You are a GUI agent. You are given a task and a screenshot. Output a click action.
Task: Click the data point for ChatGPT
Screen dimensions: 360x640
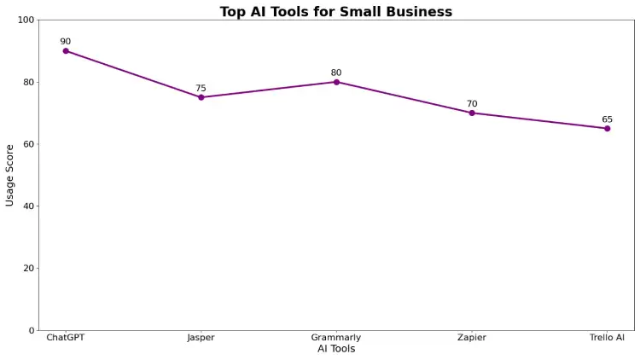[x=66, y=51]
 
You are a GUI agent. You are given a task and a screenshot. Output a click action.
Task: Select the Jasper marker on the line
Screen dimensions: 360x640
[x=201, y=97]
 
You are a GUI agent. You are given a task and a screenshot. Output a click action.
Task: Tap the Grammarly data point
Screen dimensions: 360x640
[x=336, y=82]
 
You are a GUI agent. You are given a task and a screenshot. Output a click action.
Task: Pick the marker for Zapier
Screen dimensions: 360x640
[x=472, y=113]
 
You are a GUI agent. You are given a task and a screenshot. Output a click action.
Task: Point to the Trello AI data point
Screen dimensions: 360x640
[x=607, y=128]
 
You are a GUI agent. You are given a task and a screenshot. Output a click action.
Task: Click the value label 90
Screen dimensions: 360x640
[x=66, y=42]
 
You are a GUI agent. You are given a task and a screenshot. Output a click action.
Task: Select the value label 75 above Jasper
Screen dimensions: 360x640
[x=201, y=88]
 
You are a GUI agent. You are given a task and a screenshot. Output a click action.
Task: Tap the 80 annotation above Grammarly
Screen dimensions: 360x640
[x=336, y=73]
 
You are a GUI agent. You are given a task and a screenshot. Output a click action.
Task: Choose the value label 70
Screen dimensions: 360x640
[x=472, y=104]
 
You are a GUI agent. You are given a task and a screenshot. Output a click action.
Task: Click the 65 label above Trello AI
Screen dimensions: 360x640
[x=607, y=119]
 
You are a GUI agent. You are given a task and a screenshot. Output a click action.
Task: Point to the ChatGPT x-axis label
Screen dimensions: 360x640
[x=66, y=338]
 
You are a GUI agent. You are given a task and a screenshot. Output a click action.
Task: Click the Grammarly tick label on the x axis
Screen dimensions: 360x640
[x=336, y=338]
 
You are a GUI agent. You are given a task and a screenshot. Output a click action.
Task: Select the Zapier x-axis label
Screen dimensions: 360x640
[x=472, y=338]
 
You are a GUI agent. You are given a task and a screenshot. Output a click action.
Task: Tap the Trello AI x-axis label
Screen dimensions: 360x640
[x=607, y=338]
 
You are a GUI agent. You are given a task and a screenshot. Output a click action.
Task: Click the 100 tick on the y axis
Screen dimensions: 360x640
[x=26, y=20]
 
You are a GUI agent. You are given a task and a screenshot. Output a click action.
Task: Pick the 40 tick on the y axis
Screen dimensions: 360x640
[x=28, y=206]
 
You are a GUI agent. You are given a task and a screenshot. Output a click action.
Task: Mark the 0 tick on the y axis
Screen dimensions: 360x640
[x=32, y=330]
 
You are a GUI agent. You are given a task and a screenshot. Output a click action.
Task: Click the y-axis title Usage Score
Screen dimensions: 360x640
[x=10, y=175]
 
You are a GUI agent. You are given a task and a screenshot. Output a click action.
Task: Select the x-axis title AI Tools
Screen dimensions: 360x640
[x=336, y=349]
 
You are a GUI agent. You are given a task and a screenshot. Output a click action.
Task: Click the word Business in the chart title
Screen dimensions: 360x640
[x=416, y=12]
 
